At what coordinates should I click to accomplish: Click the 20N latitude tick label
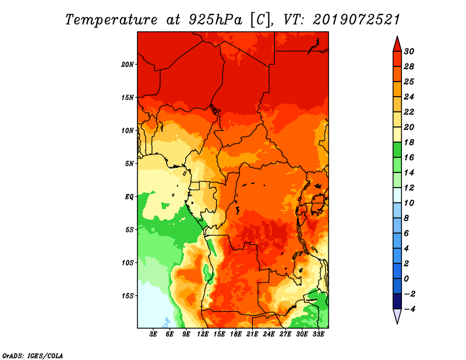128,64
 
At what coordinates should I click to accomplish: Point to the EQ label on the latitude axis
129,196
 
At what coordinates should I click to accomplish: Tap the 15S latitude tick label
128,295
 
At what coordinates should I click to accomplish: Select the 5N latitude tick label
129,163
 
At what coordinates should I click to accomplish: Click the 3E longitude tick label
154,335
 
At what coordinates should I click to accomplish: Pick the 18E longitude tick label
236,335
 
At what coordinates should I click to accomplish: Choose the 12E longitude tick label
203,335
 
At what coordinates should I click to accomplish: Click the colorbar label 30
416,51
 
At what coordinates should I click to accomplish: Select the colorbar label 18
416,142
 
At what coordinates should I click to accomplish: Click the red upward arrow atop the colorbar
397,44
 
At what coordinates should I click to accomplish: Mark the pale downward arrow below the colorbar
397,316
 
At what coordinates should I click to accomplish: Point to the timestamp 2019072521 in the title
356,19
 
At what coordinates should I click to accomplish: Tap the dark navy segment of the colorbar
397,301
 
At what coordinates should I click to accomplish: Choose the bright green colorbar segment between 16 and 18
397,150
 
